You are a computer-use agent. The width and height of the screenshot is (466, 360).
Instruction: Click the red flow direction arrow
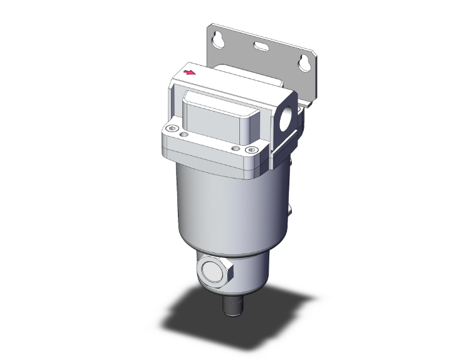pyautogui.click(x=187, y=73)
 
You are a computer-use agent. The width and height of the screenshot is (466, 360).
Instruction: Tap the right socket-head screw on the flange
pyautogui.click(x=252, y=149)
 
